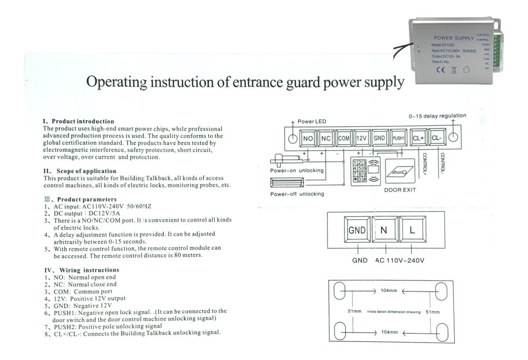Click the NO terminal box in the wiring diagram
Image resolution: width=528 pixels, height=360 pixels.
[x=308, y=138]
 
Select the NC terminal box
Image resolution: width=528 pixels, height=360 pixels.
[x=326, y=138]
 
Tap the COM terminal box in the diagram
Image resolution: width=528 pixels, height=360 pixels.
[x=344, y=138]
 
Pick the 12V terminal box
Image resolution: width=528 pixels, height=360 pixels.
[x=361, y=138]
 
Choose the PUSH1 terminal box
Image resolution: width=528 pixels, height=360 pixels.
[x=398, y=138]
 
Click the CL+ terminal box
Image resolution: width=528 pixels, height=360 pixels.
[x=418, y=138]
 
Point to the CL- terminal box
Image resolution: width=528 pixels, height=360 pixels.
[x=436, y=138]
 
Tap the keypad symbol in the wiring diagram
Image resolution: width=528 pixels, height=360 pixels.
[x=359, y=171]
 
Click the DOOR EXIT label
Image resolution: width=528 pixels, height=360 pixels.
[x=400, y=190]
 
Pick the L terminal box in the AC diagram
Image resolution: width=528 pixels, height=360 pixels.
[x=412, y=230]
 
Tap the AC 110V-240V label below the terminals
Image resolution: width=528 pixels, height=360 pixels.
[x=400, y=260]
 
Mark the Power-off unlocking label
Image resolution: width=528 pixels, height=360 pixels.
[x=297, y=194]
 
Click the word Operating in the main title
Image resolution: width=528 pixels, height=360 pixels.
[x=113, y=82]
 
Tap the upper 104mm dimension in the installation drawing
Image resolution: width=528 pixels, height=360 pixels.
[x=388, y=291]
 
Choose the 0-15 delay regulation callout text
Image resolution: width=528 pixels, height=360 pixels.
[x=437, y=116]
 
